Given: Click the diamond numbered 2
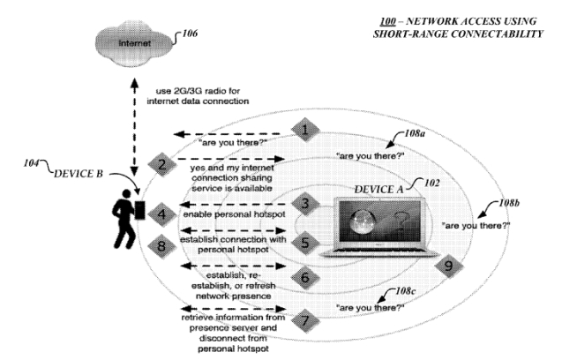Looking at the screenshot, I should pyautogui.click(x=162, y=163).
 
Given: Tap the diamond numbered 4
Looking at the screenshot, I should pyautogui.click(x=161, y=213).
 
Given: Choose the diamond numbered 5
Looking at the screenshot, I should pyautogui.click(x=303, y=240).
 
